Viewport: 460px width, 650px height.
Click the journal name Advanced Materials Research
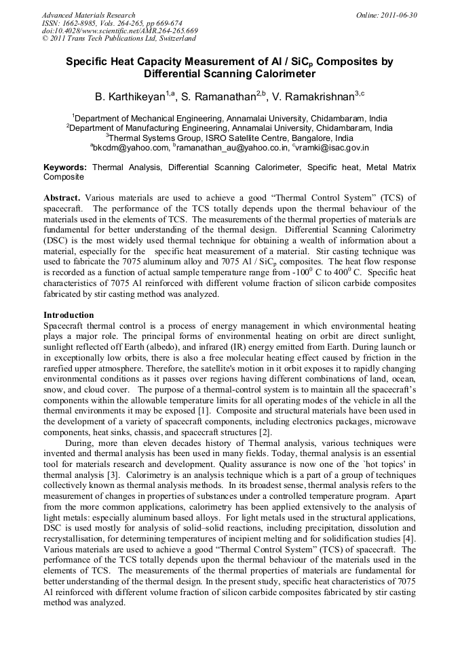(x=88, y=15)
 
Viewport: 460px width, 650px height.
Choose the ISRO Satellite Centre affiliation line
(x=230, y=137)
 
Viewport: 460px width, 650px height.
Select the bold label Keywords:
(x=65, y=167)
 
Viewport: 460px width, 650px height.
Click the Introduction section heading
(x=69, y=315)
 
